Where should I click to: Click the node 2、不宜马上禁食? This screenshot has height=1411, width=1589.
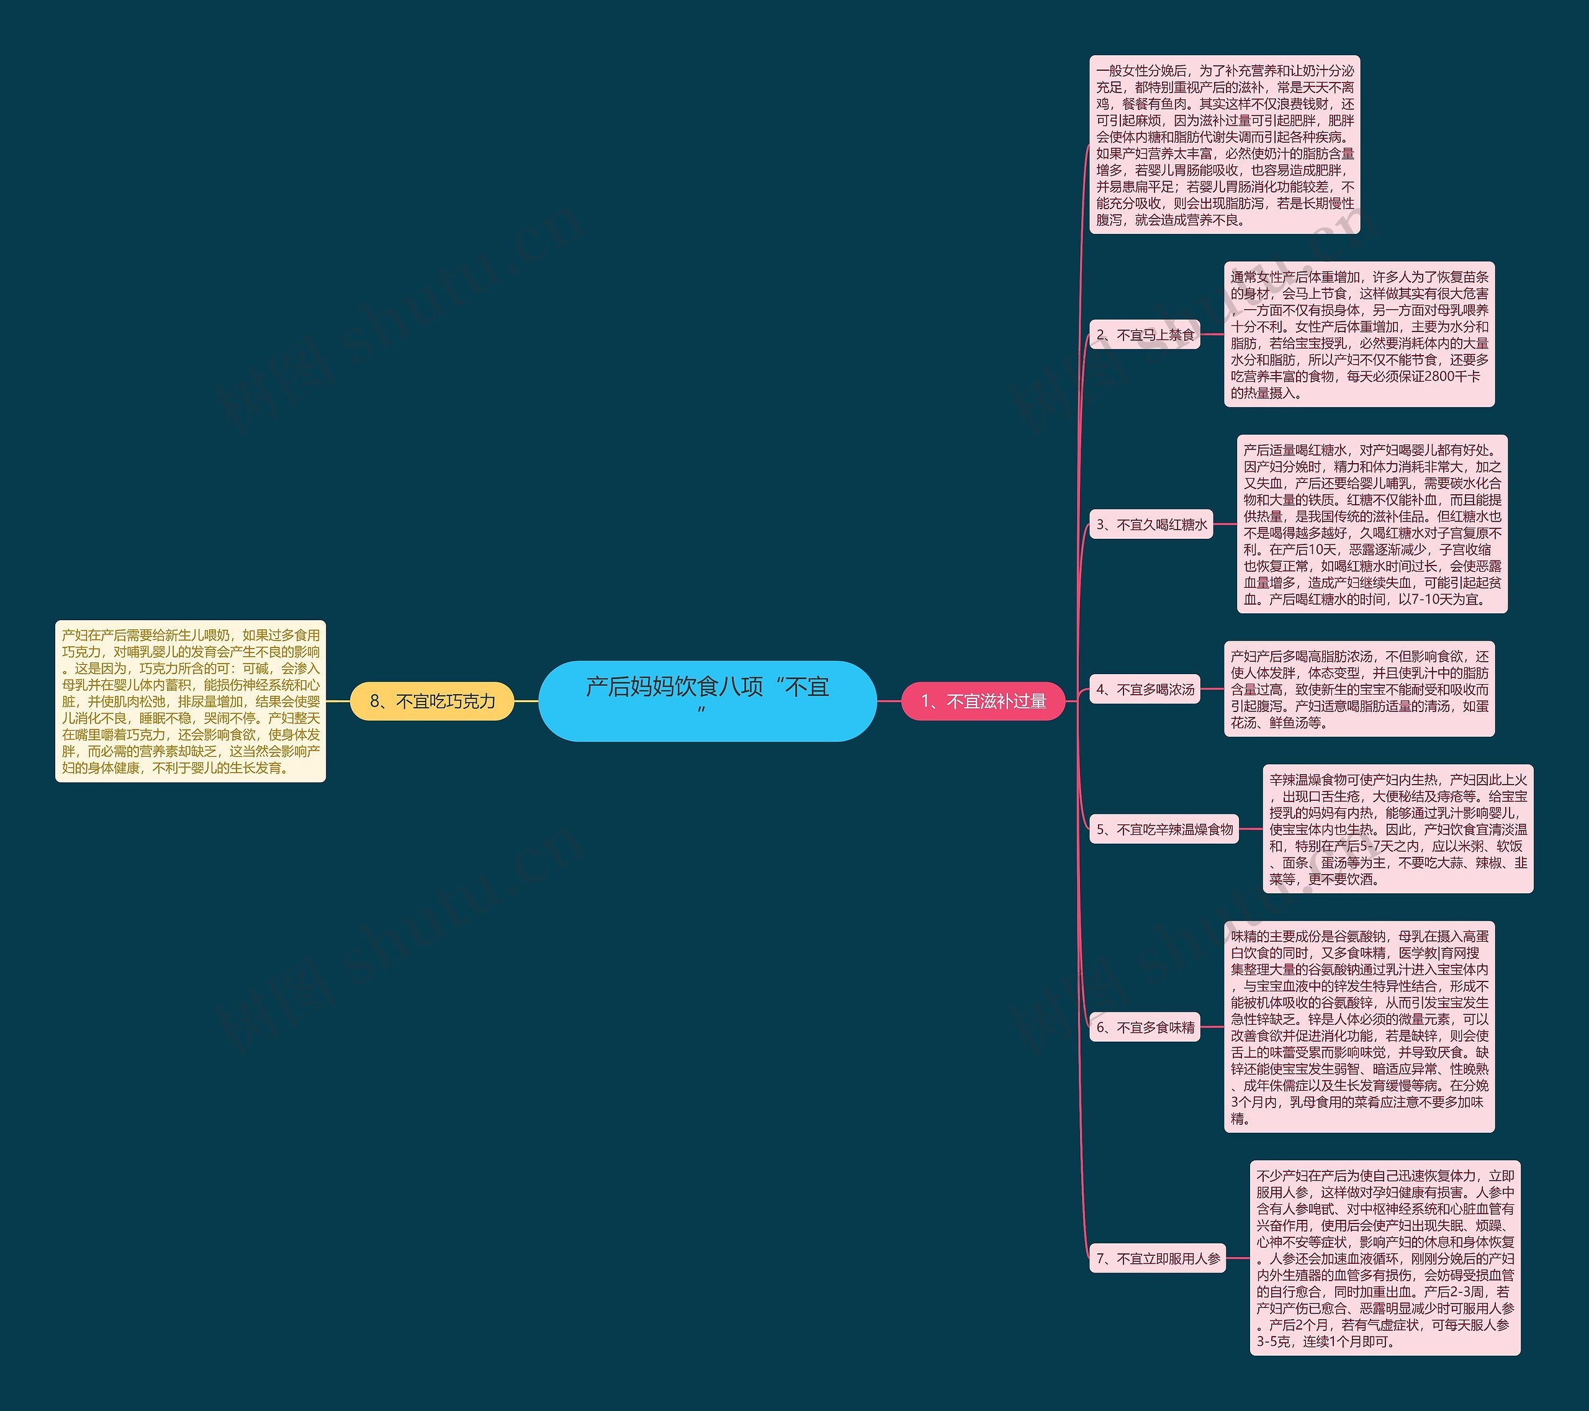click(1145, 335)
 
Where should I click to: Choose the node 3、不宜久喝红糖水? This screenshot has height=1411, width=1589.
click(1151, 524)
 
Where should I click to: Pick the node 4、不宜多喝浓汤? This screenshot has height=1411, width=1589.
click(1145, 689)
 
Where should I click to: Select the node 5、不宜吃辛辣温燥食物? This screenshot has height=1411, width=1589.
click(1164, 829)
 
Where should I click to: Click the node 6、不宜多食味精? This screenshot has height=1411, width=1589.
click(1145, 1027)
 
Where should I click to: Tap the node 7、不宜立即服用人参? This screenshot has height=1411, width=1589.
click(1158, 1258)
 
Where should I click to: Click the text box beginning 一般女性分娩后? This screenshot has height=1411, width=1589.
click(1225, 145)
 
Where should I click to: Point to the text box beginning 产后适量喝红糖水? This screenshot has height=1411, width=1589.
click(1372, 524)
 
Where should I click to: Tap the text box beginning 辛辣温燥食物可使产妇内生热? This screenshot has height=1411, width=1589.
click(1398, 829)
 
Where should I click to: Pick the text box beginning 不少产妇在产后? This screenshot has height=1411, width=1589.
click(1385, 1258)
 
